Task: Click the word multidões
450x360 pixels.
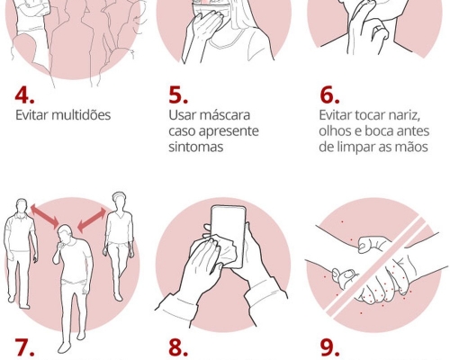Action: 81,115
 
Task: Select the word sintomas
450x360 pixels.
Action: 195,147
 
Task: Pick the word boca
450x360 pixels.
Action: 380,131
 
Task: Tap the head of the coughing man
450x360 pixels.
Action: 65,233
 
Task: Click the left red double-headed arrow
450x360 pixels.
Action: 45,216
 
